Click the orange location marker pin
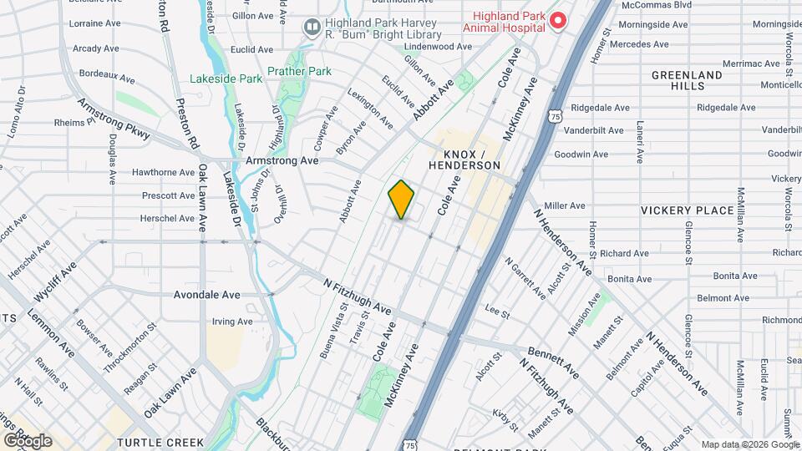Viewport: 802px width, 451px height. [401, 200]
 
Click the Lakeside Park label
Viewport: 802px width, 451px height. [226, 79]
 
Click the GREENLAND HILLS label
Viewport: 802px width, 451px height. [687, 80]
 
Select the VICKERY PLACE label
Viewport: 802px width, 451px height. [687, 210]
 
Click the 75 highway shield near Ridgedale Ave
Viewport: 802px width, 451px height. [556, 119]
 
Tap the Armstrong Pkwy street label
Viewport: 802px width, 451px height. [114, 119]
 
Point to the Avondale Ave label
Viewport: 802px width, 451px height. [206, 295]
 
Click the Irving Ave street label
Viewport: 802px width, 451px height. [231, 322]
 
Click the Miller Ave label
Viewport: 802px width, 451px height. [565, 205]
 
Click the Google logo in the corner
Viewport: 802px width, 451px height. [27, 440]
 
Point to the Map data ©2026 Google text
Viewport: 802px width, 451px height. [749, 444]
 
